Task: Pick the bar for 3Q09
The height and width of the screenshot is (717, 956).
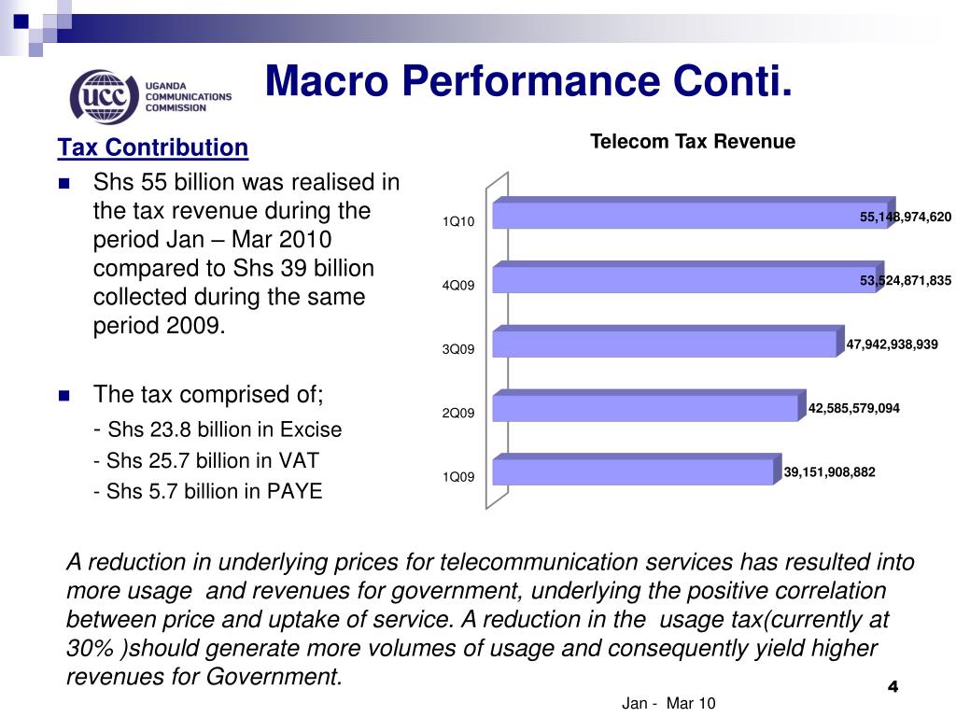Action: pyautogui.click(x=663, y=344)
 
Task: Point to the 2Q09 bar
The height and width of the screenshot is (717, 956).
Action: pyautogui.click(x=644, y=408)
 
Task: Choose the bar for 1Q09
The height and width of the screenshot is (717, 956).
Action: pyautogui.click(x=632, y=471)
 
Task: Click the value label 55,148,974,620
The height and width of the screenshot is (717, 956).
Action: pyautogui.click(x=905, y=218)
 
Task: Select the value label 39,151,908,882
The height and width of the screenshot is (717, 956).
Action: pyautogui.click(x=829, y=472)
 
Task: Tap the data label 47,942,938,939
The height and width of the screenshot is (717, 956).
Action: pyautogui.click(x=892, y=344)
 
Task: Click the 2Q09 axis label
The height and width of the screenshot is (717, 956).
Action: pyautogui.click(x=458, y=413)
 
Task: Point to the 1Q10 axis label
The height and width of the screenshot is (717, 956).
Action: pyautogui.click(x=458, y=221)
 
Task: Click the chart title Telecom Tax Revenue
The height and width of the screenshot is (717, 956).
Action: pyautogui.click(x=692, y=142)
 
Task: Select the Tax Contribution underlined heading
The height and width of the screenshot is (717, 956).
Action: pyautogui.click(x=153, y=148)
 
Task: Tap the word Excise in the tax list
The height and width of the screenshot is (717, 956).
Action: pyautogui.click(x=312, y=429)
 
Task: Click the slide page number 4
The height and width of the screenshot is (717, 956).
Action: pyautogui.click(x=892, y=687)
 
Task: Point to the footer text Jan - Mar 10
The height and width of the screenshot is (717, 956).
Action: pyautogui.click(x=668, y=703)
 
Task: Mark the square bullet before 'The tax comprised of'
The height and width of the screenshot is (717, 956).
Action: pyautogui.click(x=64, y=396)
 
